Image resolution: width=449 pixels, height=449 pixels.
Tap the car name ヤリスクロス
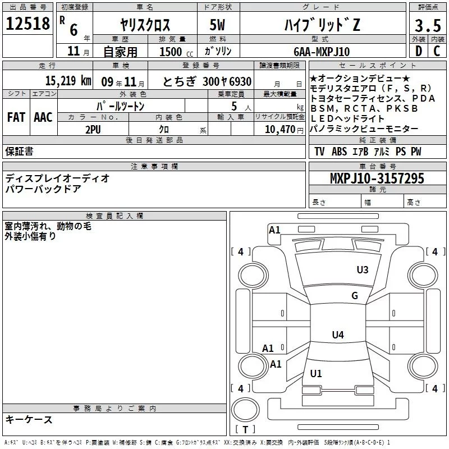145,25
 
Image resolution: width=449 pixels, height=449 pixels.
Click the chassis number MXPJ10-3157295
377,178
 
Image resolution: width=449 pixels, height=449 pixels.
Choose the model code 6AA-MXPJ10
322,52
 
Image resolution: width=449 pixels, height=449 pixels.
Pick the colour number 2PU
93,129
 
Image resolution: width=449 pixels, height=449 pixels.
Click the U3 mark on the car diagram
363,270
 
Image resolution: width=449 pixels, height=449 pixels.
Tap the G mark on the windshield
355,296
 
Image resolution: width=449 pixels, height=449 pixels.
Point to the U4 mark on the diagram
337,335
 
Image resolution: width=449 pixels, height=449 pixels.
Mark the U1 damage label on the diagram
316,373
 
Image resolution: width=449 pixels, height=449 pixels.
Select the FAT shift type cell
16,117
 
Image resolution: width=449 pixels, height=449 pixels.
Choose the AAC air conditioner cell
43,117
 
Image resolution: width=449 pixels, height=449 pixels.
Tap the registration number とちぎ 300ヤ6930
207,81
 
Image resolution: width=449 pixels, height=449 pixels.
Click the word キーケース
29,419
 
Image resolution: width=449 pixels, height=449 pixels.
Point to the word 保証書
19,152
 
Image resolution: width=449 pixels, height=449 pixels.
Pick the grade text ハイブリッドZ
320,25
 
